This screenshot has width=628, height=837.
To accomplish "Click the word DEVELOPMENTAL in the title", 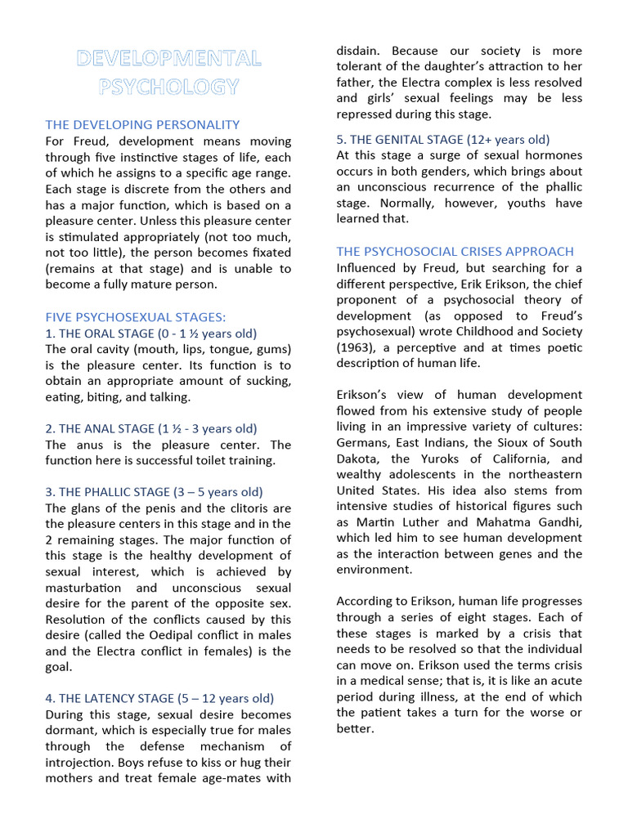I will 168,59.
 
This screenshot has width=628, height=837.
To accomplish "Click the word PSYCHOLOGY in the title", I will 168,87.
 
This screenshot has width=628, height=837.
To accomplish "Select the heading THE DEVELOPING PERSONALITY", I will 142,125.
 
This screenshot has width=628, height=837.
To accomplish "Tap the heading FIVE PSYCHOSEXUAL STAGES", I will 136,317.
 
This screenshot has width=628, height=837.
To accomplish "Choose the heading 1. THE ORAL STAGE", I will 151,333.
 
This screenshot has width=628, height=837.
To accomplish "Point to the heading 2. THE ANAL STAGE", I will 151,428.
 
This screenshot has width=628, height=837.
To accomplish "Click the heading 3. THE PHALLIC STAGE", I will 154,492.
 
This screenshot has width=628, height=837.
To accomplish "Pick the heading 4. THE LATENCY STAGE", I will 159,698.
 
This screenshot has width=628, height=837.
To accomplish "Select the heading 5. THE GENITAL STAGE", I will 442,139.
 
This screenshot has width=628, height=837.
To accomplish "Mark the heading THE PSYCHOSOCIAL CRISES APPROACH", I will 455,251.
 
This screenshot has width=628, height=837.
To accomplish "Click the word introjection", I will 82,762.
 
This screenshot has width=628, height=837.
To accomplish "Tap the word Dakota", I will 357,459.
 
